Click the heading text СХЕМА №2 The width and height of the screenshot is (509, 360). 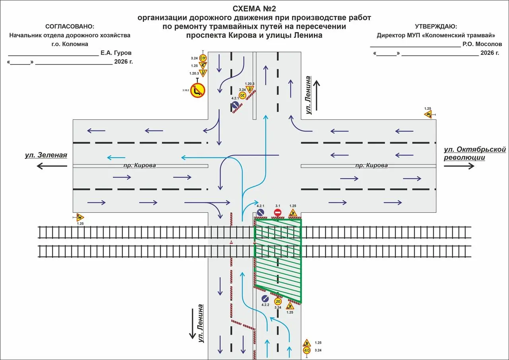[254, 9]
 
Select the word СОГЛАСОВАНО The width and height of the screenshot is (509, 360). [69, 27]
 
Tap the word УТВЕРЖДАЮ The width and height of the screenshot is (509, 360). [435, 27]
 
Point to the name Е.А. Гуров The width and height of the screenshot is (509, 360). [116, 53]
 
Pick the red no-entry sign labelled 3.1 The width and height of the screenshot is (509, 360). [278, 213]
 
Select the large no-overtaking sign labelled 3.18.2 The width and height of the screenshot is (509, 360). [198, 90]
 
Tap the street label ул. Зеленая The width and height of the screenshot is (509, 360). [46, 155]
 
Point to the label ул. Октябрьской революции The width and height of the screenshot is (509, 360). [474, 154]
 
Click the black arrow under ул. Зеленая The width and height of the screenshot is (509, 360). [52, 166]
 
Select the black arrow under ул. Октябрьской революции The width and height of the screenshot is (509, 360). [459, 166]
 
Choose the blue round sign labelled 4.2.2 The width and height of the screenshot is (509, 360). [265, 298]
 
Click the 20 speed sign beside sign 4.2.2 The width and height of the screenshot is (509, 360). [278, 302]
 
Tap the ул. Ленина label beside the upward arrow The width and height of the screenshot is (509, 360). [308, 95]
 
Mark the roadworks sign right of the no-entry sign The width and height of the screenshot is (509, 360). [293, 213]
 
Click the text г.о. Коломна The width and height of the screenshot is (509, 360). [70, 44]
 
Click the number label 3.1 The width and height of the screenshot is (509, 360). [278, 206]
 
